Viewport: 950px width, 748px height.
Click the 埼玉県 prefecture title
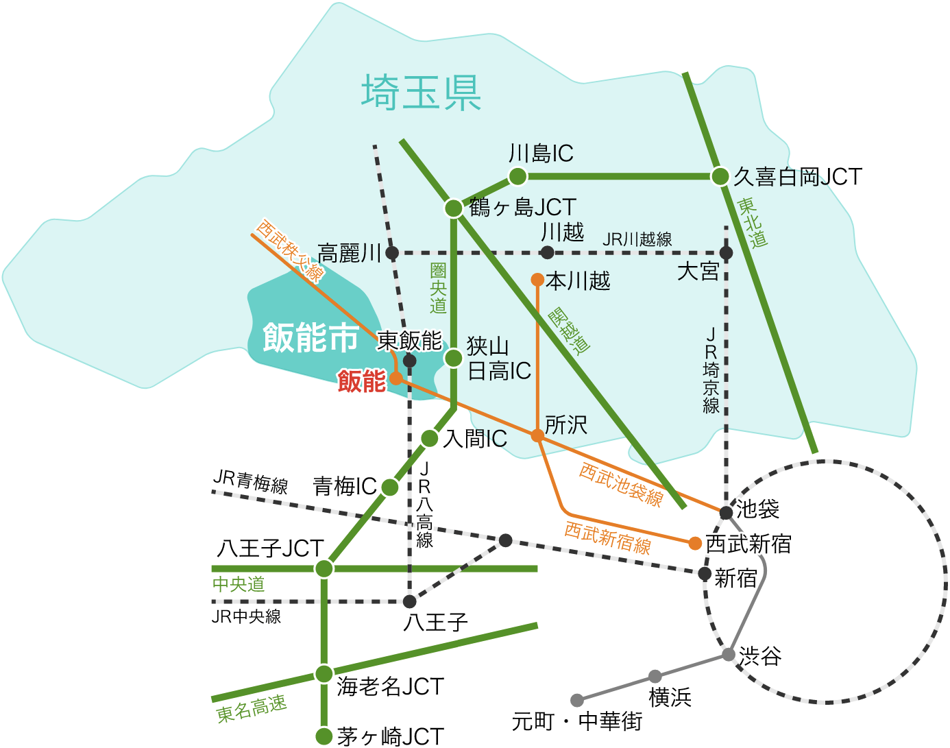coord(421,93)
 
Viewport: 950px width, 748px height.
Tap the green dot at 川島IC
coord(517,177)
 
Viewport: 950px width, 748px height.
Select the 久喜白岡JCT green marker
coord(720,177)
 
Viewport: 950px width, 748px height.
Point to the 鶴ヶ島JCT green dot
coord(454,208)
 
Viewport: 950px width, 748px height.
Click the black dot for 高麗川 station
coord(392,253)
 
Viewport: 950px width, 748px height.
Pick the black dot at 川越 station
coord(547,253)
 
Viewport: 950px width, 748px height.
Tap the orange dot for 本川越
coord(538,280)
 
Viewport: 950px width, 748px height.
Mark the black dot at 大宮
coord(727,253)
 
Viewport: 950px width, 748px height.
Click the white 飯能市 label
coord(310,337)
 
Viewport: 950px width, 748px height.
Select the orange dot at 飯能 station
coord(395,378)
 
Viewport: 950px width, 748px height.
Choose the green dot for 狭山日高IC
coord(454,358)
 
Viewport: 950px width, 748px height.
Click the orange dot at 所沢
coord(538,435)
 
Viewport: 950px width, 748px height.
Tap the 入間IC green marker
coord(430,439)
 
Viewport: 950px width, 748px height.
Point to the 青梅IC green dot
coord(390,487)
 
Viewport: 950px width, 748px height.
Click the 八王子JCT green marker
coord(324,568)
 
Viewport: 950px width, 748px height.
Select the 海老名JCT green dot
coord(324,674)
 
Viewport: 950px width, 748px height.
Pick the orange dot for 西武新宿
coord(695,544)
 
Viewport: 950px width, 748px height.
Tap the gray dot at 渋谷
coord(729,655)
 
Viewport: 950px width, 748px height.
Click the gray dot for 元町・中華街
coord(577,700)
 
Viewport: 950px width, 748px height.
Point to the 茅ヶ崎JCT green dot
coord(324,736)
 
